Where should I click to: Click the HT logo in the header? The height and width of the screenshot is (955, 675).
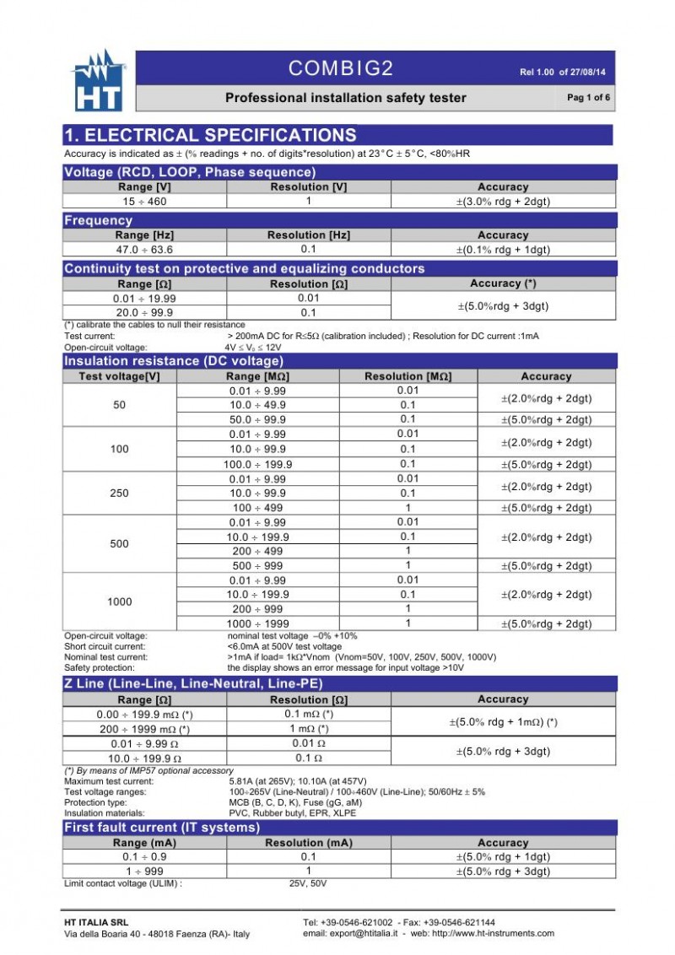(x=100, y=82)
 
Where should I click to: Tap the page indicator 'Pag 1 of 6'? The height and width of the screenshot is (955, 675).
(x=588, y=98)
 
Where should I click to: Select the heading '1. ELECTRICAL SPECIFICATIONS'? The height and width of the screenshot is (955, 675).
(x=211, y=135)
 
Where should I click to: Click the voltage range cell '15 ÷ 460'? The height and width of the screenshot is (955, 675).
(x=144, y=202)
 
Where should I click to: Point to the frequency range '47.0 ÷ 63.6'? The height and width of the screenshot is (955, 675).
(x=144, y=250)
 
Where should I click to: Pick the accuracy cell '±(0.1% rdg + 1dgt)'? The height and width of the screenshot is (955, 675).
(x=503, y=250)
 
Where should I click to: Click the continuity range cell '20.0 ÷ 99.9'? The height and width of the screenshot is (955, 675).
(x=144, y=312)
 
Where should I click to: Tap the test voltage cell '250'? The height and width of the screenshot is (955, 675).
(x=120, y=493)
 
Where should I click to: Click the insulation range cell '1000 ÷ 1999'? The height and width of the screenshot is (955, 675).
(x=257, y=623)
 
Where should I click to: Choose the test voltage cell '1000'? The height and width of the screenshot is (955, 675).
(x=120, y=602)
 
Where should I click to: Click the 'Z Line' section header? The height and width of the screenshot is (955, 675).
(x=193, y=684)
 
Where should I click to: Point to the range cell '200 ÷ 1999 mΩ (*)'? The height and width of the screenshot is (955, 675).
(x=144, y=729)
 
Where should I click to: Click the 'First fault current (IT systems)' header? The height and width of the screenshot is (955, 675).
(x=162, y=828)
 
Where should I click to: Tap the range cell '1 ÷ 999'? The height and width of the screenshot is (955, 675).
(x=144, y=871)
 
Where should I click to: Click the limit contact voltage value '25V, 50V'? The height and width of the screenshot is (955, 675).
(x=308, y=883)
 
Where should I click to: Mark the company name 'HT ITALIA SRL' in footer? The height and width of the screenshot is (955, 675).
(x=97, y=922)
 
